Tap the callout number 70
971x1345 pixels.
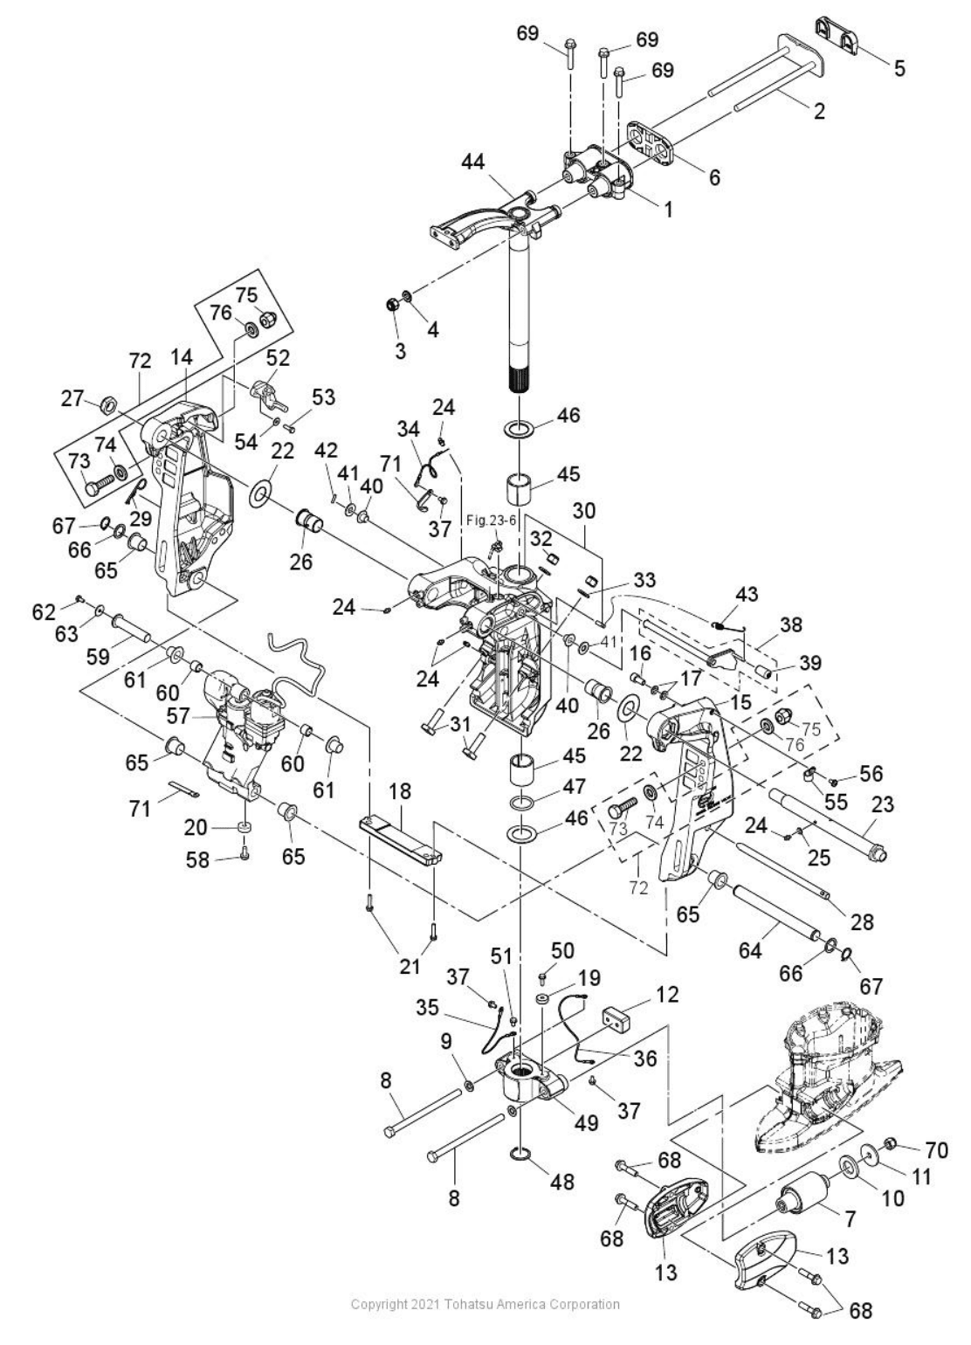(937, 1149)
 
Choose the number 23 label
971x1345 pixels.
(883, 804)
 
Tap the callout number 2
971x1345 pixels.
(818, 111)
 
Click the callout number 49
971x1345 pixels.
(585, 1123)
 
